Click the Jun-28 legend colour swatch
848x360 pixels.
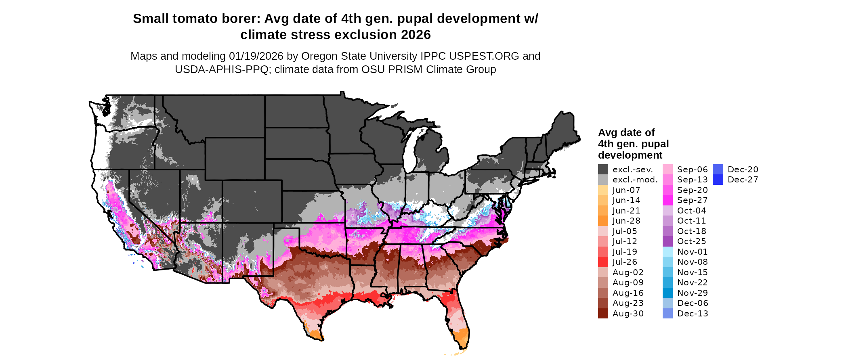click(603, 221)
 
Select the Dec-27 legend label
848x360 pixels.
click(743, 180)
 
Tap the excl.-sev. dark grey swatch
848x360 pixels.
click(603, 170)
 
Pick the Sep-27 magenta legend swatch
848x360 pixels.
click(667, 200)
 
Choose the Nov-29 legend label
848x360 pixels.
click(692, 293)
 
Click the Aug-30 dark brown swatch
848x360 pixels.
click(603, 314)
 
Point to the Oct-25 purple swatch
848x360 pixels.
click(667, 241)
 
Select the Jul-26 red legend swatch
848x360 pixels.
click(603, 262)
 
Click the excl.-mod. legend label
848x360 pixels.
click(635, 180)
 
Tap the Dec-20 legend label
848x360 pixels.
click(743, 170)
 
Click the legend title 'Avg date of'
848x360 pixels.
click(626, 133)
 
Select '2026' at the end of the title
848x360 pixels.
click(416, 35)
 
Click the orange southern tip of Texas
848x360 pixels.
click(316, 334)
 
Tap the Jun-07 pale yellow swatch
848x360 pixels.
click(603, 190)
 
